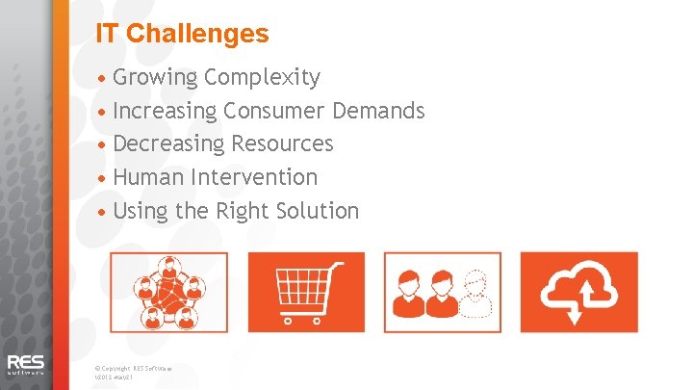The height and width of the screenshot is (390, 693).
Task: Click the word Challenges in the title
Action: click(197, 34)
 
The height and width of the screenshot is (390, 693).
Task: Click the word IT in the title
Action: click(108, 34)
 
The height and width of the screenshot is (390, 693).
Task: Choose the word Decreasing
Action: click(168, 144)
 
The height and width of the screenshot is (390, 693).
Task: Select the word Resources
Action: click(281, 144)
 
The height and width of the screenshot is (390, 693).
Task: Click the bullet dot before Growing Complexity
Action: click(104, 77)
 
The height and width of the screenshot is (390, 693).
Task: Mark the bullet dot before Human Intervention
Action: click(104, 178)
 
